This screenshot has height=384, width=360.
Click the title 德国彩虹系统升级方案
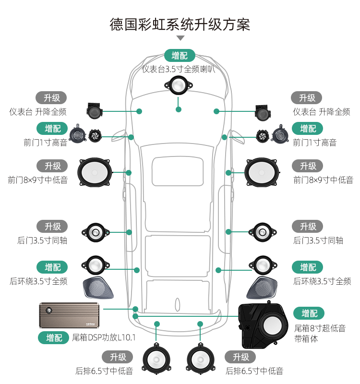180,24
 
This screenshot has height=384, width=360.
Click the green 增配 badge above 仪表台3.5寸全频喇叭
180,55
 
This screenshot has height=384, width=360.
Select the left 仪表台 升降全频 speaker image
94,111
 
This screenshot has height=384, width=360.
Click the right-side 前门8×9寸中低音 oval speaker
263,172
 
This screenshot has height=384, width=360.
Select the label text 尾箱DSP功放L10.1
104,337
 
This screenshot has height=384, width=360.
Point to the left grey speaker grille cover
98,288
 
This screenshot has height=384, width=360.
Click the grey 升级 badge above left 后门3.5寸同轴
52,226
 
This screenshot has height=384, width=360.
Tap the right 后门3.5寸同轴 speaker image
263,232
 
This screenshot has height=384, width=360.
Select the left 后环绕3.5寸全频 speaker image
96,264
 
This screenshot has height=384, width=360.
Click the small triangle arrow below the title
180,38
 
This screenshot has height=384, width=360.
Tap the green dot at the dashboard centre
179,109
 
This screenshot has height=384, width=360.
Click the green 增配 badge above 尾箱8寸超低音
309,313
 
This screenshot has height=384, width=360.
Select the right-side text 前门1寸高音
314,143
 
